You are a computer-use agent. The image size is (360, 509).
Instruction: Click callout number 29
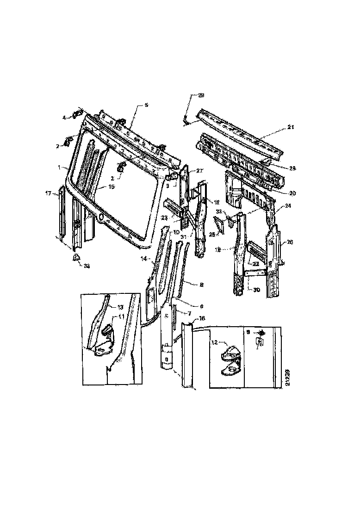pyautogui.click(x=201, y=95)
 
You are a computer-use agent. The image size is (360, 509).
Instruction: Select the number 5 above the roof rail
pyautogui.click(x=146, y=106)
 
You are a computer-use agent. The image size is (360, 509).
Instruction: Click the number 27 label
pyautogui.click(x=200, y=171)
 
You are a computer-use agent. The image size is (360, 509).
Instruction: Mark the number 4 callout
pyautogui.click(x=64, y=118)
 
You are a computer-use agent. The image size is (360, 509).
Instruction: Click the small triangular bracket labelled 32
pyautogui.click(x=74, y=257)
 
